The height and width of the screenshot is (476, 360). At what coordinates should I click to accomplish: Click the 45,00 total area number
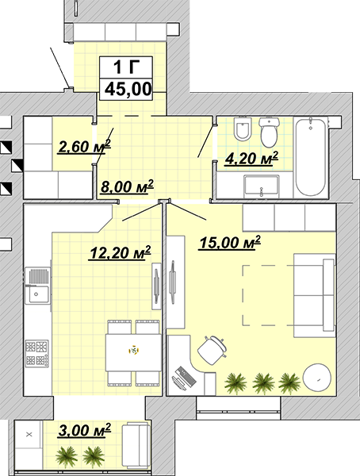coord(128,89)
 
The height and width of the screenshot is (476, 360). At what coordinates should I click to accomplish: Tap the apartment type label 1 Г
coord(126,67)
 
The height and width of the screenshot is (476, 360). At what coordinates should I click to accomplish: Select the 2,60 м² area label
coord(84,147)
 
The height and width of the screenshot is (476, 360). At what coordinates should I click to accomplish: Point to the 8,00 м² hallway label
coord(127,186)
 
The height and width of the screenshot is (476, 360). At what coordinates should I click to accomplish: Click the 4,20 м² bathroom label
coord(251,158)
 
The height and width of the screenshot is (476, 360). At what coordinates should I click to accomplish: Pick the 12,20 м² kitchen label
coord(120,252)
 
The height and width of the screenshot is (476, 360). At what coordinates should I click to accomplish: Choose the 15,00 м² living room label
coord(230,243)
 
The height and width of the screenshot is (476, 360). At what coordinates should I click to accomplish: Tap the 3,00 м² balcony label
coord(84,430)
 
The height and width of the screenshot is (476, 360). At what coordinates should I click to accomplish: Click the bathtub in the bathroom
coord(311,157)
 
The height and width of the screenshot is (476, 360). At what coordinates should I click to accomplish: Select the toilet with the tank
coord(269,132)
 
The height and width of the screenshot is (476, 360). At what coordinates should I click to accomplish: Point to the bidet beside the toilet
coord(243,129)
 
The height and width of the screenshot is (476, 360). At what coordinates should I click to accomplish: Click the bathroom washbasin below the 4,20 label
coord(261,185)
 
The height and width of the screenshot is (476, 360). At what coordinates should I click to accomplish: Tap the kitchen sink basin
coord(37,294)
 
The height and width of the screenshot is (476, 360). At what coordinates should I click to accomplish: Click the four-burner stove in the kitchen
coord(36,353)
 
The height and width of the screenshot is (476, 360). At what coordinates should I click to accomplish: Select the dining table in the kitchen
coord(133,352)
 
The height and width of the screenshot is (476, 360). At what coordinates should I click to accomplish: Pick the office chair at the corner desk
coord(213,350)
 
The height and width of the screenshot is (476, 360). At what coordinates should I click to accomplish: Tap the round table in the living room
coord(316,378)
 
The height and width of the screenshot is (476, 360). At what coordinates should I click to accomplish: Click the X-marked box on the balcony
coord(29,435)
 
